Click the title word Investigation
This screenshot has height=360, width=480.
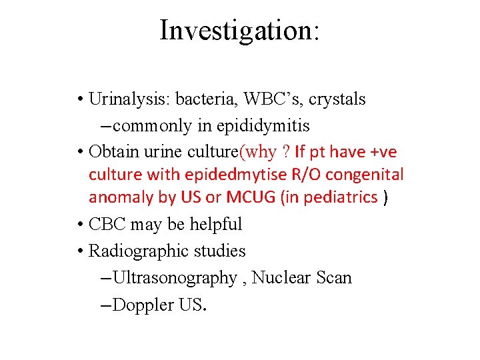tap(239, 31)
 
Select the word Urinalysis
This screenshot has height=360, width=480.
tap(130, 99)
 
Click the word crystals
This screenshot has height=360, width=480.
tap(339, 99)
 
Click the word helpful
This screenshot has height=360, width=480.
tap(215, 225)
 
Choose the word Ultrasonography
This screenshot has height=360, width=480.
tap(175, 277)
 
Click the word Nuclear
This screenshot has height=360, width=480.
tap(281, 277)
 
